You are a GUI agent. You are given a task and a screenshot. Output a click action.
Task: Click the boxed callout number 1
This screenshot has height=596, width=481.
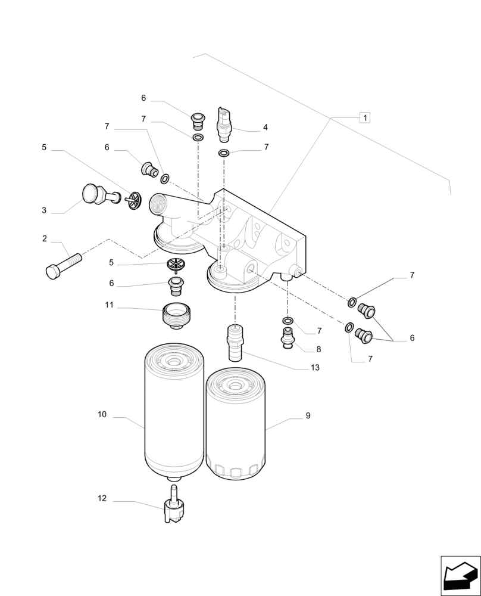pyautogui.click(x=364, y=117)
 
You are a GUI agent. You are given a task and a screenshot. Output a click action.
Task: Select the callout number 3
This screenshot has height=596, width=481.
pyautogui.click(x=44, y=210)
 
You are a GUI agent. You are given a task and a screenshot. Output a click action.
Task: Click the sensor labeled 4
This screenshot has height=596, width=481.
pyautogui.click(x=224, y=124)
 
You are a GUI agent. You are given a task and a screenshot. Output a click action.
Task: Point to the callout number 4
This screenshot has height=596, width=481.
pyautogui.click(x=265, y=128)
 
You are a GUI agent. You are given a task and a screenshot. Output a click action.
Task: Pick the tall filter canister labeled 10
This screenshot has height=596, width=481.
pyautogui.click(x=174, y=414)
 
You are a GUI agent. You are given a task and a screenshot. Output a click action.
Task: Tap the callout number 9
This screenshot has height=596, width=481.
pyautogui.click(x=308, y=416)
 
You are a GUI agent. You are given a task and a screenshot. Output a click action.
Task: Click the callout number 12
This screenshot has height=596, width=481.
pyautogui.click(x=102, y=498)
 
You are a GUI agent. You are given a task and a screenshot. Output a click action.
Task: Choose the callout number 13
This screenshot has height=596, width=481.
pyautogui.click(x=315, y=368)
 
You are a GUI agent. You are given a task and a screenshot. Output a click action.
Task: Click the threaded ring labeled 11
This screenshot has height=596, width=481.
pyautogui.click(x=176, y=313)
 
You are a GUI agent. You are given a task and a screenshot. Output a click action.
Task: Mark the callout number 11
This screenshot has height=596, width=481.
pyautogui.click(x=109, y=305)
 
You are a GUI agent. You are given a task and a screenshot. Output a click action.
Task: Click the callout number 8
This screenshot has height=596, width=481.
pyautogui.click(x=318, y=350)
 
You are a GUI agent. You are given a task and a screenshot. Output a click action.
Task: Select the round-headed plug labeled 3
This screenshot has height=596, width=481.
pyautogui.click(x=95, y=195)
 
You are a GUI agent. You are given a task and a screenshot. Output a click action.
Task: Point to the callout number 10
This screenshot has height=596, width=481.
pyautogui.click(x=102, y=414)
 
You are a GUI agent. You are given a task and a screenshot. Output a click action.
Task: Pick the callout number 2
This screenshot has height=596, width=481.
pyautogui.click(x=45, y=238)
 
